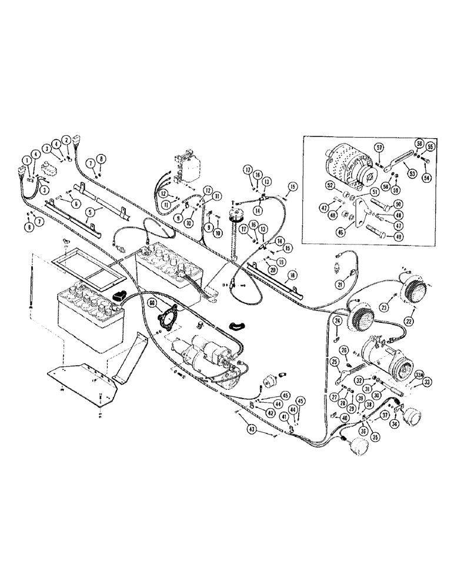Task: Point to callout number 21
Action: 340,285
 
